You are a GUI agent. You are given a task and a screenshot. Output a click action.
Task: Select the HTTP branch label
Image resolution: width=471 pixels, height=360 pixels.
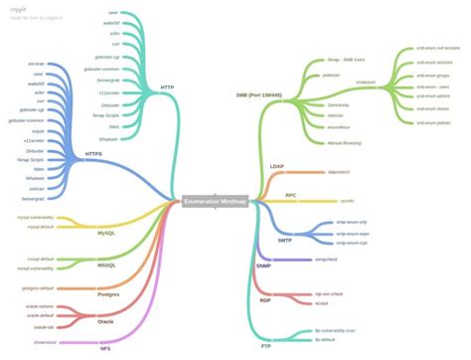[167, 88]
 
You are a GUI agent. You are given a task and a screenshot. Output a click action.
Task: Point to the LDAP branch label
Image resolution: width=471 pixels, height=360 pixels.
[277, 166]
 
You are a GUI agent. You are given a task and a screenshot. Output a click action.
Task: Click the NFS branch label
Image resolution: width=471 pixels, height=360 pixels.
[105, 349]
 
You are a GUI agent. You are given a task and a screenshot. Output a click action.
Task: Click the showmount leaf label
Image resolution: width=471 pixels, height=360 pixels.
[45, 341]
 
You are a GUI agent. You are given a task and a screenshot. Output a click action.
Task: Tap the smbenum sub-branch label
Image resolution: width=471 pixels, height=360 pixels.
[365, 82]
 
